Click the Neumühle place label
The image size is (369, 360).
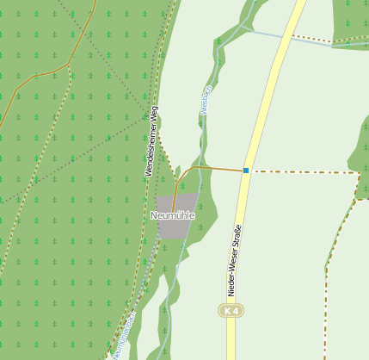click(172, 214)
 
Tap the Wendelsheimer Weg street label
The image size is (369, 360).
click(152, 141)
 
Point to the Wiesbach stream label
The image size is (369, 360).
click(206, 101)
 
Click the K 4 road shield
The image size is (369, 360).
click(230, 310)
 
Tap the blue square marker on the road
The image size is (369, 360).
click(246, 171)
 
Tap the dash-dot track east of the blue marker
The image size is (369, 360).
click(301, 171)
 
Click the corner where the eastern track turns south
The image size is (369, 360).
click(358, 175)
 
